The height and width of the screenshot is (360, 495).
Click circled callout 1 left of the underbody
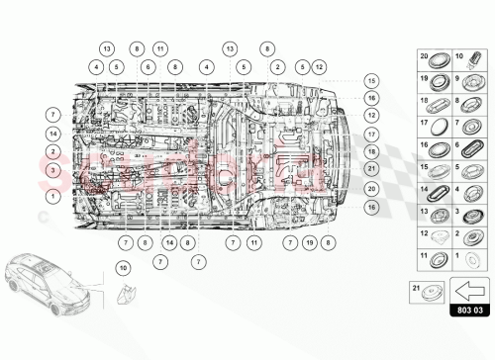(x=50, y=195)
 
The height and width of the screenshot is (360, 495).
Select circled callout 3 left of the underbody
(x=50, y=171)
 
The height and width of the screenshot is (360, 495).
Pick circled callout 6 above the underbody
(x=147, y=66)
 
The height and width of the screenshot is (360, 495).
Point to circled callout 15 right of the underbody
(x=371, y=80)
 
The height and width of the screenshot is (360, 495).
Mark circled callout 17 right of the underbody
(x=371, y=133)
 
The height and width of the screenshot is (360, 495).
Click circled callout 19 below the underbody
(x=310, y=241)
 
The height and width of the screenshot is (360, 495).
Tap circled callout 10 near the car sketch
(x=123, y=267)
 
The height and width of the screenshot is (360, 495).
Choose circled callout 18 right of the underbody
(x=371, y=151)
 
